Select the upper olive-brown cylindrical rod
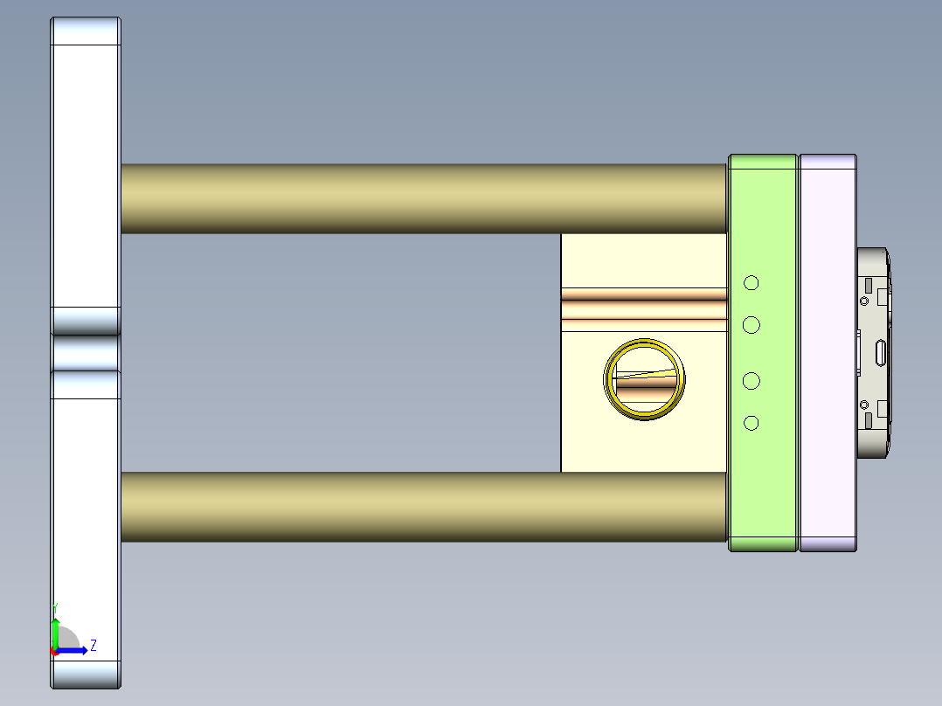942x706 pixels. click(x=423, y=198)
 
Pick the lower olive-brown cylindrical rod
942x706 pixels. click(x=423, y=507)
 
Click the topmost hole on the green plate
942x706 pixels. click(x=751, y=282)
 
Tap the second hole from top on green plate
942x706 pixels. click(x=751, y=325)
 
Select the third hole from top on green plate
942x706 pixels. click(x=751, y=381)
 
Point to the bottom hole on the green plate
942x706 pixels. click(x=751, y=423)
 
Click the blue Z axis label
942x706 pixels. click(x=94, y=646)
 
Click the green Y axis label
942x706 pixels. click(x=55, y=606)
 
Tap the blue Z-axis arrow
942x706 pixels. click(x=74, y=650)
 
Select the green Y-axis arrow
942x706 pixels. click(x=55, y=631)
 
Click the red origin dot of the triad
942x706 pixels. click(x=54, y=651)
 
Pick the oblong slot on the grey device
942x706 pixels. click(x=881, y=353)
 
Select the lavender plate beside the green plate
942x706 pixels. click(x=828, y=353)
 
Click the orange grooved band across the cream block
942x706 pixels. click(x=643, y=308)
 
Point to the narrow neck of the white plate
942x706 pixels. click(x=86, y=352)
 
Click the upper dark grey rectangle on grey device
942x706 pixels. click(x=868, y=285)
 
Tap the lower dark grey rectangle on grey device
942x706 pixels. click(x=868, y=421)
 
